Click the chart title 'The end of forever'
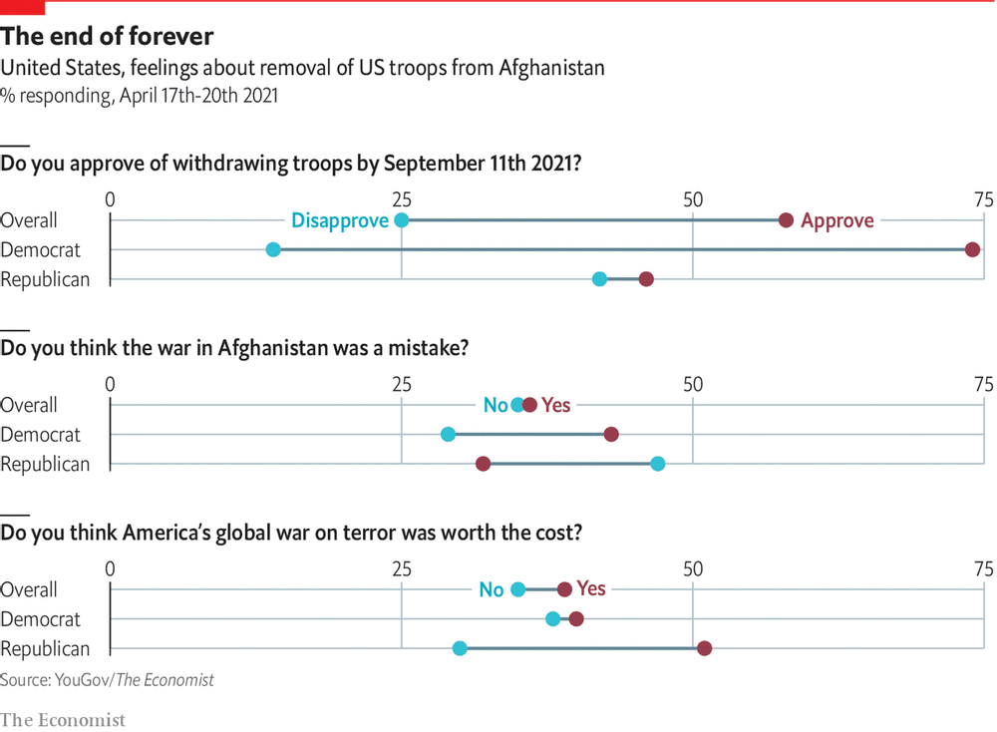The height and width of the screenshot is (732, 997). pos(107,37)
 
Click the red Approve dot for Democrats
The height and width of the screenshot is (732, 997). pos(972,249)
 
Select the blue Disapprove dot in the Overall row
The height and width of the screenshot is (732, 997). pos(401,220)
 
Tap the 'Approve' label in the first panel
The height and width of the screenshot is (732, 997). pos(836,220)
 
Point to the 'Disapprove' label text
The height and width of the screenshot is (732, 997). pos(339,220)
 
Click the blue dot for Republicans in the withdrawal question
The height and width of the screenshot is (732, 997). pos(599,279)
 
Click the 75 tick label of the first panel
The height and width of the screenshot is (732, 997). pos(983,199)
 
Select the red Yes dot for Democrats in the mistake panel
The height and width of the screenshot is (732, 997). pos(611,434)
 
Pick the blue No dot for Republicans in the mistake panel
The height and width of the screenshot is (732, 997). pos(657,463)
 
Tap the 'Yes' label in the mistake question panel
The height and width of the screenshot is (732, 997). pos(555,405)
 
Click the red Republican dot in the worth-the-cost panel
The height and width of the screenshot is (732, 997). pos(704,648)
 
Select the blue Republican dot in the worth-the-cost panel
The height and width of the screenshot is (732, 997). pos(460,648)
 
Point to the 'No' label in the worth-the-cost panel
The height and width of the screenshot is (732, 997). pos(492,589)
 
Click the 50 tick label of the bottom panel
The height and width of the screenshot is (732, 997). pos(692,568)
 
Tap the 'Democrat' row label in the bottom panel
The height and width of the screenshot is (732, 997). pos(41,619)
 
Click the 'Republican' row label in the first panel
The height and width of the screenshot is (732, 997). pos(45,279)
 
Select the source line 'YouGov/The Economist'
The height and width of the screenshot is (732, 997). pos(107,680)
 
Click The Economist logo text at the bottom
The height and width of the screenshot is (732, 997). pos(63,719)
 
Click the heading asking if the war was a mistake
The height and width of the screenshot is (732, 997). pos(234,349)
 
